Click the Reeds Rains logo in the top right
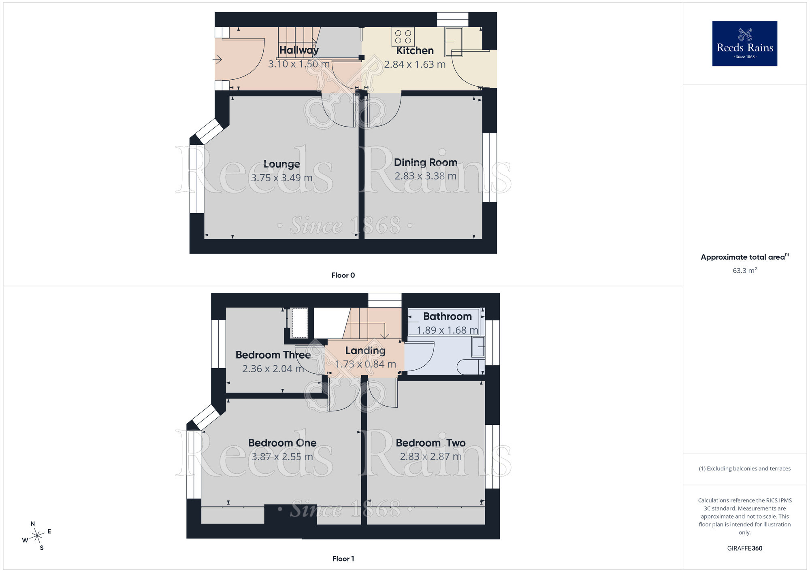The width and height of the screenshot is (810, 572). click(745, 44)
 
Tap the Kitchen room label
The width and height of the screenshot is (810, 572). click(415, 51)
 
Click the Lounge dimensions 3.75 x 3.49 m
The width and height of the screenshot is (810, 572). click(282, 178)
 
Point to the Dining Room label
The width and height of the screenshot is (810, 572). click(426, 162)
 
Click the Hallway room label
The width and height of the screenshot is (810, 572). click(299, 50)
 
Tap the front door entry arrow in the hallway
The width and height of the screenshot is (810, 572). click(217, 60)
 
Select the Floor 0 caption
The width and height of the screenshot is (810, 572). click(343, 275)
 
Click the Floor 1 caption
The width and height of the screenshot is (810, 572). click(343, 559)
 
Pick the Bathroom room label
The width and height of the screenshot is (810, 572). click(447, 316)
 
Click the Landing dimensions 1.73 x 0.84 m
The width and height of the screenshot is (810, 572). click(365, 364)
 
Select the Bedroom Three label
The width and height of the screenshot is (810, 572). click(273, 355)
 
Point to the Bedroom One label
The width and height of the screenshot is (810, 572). click(282, 443)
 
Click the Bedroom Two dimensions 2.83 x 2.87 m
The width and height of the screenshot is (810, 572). click(431, 457)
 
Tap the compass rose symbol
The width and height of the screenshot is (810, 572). click(37, 536)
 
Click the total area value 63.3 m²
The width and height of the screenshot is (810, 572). click(745, 270)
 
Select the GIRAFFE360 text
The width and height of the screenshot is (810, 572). click(745, 549)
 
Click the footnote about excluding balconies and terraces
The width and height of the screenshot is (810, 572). click(745, 468)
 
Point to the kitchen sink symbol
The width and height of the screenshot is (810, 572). click(454, 42)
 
